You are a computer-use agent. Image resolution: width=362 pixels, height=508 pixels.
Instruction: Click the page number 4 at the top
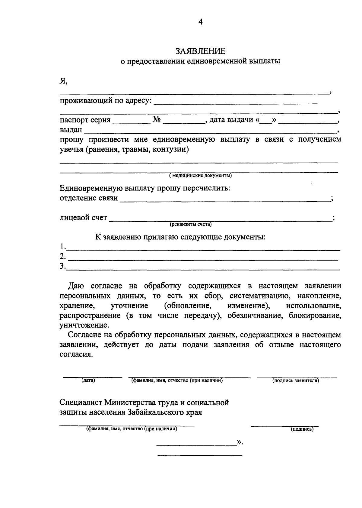[200, 21]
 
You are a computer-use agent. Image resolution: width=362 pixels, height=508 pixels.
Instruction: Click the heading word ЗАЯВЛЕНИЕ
[200, 51]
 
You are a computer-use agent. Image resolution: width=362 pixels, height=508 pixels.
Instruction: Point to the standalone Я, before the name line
[63, 81]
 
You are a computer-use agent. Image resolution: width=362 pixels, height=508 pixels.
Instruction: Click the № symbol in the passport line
[157, 120]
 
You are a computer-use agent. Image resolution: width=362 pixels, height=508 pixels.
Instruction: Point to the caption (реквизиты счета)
[190, 224]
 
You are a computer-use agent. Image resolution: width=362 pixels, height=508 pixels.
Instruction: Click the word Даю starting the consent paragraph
[76, 286]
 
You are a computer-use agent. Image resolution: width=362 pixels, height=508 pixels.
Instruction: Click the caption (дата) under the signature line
[88, 381]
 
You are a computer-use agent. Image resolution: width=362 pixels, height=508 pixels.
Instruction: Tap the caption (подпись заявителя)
[296, 381]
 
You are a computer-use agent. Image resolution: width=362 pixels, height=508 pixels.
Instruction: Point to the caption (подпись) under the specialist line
[302, 429]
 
